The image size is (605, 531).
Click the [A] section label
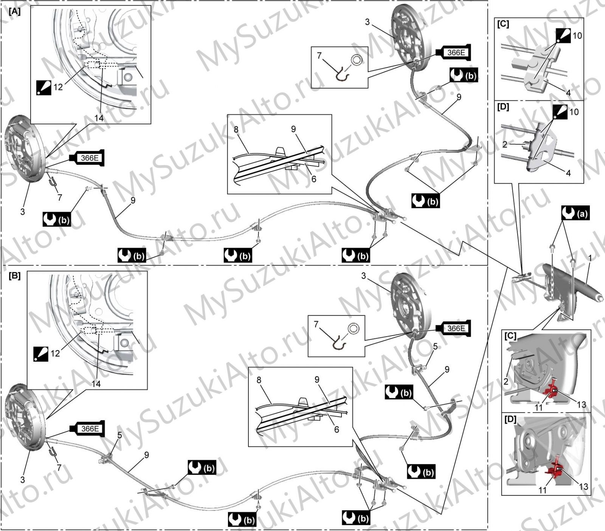14,11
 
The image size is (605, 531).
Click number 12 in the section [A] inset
58,87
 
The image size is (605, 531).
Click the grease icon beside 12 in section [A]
43,87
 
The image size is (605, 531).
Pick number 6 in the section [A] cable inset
313,179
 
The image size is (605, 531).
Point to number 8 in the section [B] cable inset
259,380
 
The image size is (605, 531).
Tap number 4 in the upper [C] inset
568,93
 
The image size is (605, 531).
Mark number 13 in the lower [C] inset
581,404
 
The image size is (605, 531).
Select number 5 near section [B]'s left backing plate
119,435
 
